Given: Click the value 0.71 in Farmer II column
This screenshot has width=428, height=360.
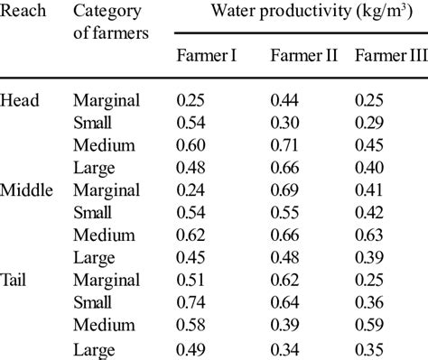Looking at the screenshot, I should tap(285, 144).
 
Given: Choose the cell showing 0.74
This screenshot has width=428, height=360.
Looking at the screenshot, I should tap(191, 300).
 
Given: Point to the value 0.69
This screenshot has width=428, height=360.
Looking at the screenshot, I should tap(285, 191).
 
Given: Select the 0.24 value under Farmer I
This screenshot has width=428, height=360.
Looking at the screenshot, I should tap(191, 191).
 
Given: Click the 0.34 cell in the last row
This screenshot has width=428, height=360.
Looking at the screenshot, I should tap(285, 346).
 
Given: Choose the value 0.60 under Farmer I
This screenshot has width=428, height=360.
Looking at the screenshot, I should tap(191, 144).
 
